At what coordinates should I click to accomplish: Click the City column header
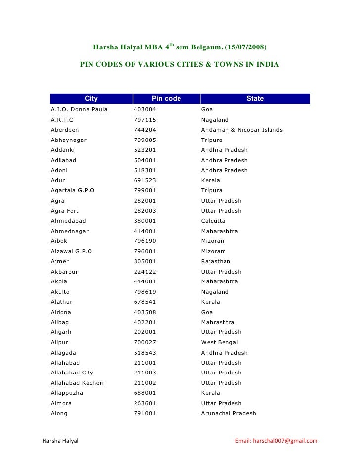click(x=91, y=99)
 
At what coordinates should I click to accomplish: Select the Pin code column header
click(x=166, y=99)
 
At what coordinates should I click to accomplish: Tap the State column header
click(x=255, y=99)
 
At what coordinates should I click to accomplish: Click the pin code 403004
click(x=145, y=109)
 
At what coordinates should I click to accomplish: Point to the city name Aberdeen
click(x=65, y=130)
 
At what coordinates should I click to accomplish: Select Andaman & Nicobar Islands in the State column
click(x=242, y=130)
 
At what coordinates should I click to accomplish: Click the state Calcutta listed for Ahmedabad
click(x=213, y=221)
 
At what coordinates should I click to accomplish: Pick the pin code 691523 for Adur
click(x=145, y=180)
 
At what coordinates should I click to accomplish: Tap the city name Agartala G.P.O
click(x=73, y=190)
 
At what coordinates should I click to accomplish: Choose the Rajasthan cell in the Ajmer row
click(x=216, y=261)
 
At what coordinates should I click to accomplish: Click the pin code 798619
click(x=145, y=292)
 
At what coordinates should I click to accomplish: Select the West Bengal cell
click(x=220, y=342)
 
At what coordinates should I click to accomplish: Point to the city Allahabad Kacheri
click(x=77, y=383)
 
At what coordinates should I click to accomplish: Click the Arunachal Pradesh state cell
click(x=228, y=413)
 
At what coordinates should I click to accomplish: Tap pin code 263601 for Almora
click(x=145, y=403)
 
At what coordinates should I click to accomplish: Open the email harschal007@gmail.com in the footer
click(x=276, y=441)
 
